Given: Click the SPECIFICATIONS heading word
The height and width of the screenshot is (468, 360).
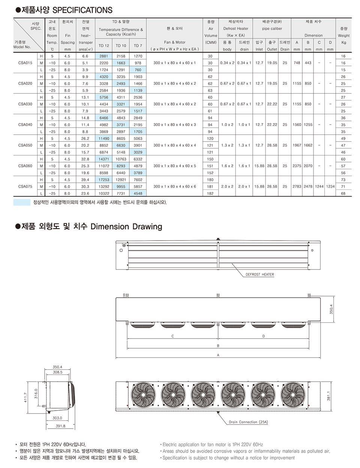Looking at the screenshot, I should pyautogui.click(x=82, y=10).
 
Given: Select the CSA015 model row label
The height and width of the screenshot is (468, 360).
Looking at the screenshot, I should pyautogui.click(x=25, y=63).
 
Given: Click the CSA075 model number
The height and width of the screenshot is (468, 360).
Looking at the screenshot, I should pyautogui.click(x=25, y=187).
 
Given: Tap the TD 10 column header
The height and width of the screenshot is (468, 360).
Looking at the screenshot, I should pyautogui.click(x=121, y=46).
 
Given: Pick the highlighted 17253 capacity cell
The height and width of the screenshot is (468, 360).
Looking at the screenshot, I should pyautogui.click(x=104, y=180).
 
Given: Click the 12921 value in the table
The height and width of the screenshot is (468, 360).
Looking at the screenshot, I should pyautogui.click(x=121, y=180).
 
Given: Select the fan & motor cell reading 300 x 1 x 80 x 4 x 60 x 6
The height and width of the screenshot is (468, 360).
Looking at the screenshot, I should pyautogui.click(x=174, y=187).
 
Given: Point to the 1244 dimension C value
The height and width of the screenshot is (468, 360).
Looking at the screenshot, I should pyautogui.click(x=319, y=187).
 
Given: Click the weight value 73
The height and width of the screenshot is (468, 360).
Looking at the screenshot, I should pyautogui.click(x=343, y=180).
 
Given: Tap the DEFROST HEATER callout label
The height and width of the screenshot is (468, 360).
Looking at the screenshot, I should pyautogui.click(x=259, y=275).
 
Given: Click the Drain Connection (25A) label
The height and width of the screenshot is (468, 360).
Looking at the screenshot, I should pyautogui.click(x=248, y=422).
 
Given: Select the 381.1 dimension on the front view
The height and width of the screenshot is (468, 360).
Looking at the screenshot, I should pyautogui.click(x=328, y=396).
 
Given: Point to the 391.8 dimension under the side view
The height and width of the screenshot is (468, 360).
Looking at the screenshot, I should pyautogui.click(x=60, y=426).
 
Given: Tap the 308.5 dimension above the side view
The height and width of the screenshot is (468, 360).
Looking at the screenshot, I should pyautogui.click(x=57, y=372).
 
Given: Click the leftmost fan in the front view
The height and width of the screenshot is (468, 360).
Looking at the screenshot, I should pyautogui.click(x=143, y=396).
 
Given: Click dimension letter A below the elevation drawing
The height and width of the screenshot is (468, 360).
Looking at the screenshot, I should pyautogui.click(x=218, y=355).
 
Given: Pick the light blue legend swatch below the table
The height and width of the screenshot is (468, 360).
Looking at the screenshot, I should pyautogui.click(x=22, y=202).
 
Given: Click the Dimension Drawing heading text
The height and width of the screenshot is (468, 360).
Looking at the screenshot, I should pyautogui.click(x=126, y=227).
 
